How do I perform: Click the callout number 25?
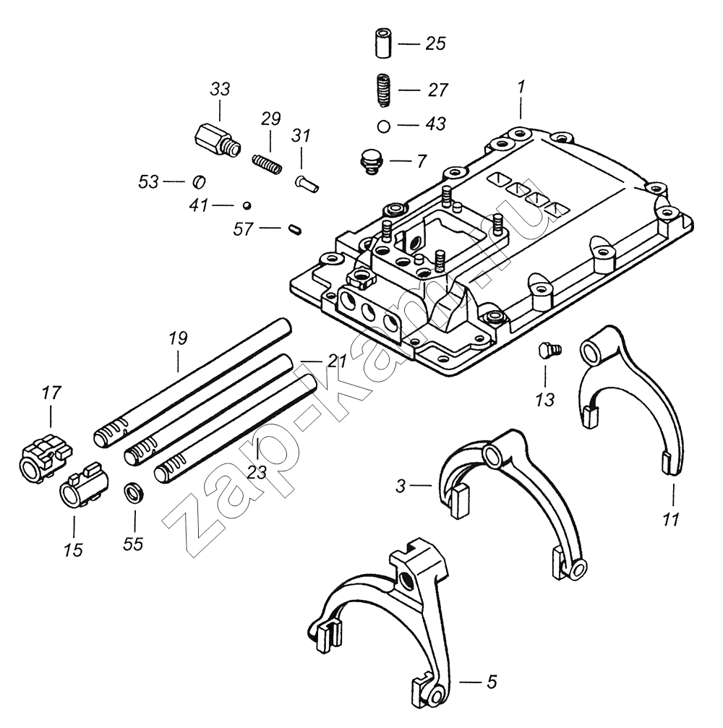435,44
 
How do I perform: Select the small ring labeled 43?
384,126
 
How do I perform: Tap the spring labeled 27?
384,90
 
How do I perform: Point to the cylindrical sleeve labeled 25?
384,44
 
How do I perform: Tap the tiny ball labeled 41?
247,205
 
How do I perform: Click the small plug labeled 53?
200,181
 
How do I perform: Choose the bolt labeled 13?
548,351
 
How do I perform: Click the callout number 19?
178,338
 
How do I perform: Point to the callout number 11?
672,518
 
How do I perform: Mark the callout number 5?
491,681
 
